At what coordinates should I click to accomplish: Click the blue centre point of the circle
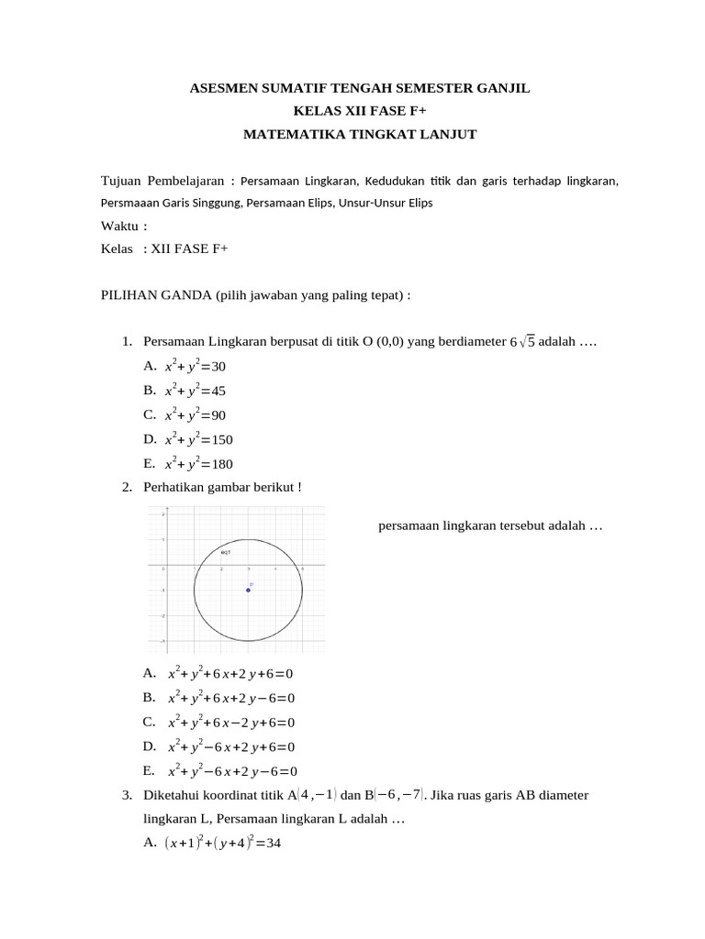pyautogui.click(x=248, y=590)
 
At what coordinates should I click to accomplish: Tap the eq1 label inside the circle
pyautogui.click(x=225, y=553)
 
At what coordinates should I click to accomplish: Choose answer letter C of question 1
pyautogui.click(x=150, y=414)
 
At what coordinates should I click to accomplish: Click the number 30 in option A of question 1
pyautogui.click(x=218, y=367)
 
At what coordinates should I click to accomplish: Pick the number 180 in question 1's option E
pyautogui.click(x=221, y=464)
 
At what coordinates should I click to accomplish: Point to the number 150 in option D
pyautogui.click(x=221, y=439)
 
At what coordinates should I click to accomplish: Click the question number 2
pyautogui.click(x=127, y=487)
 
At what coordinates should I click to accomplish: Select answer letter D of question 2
pyautogui.click(x=150, y=746)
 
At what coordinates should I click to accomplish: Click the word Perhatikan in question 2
pyautogui.click(x=173, y=487)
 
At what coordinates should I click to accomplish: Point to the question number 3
pyautogui.click(x=127, y=794)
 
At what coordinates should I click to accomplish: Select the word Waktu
pyautogui.click(x=119, y=226)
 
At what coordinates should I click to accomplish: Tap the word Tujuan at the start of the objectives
pyautogui.click(x=121, y=181)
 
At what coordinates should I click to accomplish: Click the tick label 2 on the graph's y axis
pyautogui.click(x=162, y=514)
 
